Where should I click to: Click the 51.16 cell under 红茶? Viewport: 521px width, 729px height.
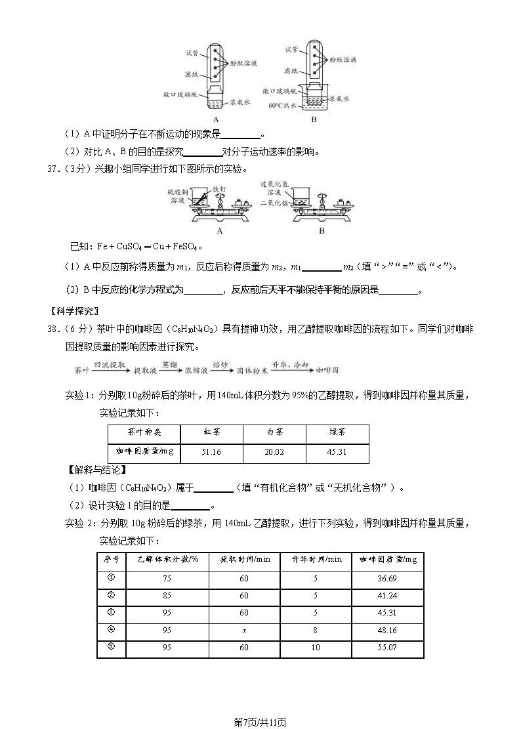tap(211, 452)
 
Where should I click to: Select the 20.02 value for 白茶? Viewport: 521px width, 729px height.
tap(274, 452)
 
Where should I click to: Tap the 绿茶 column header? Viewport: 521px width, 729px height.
tap(337, 433)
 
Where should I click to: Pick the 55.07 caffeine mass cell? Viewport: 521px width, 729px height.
tap(388, 648)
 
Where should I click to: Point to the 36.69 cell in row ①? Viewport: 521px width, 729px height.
tap(388, 578)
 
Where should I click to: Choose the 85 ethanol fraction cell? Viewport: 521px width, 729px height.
tap(167, 596)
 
